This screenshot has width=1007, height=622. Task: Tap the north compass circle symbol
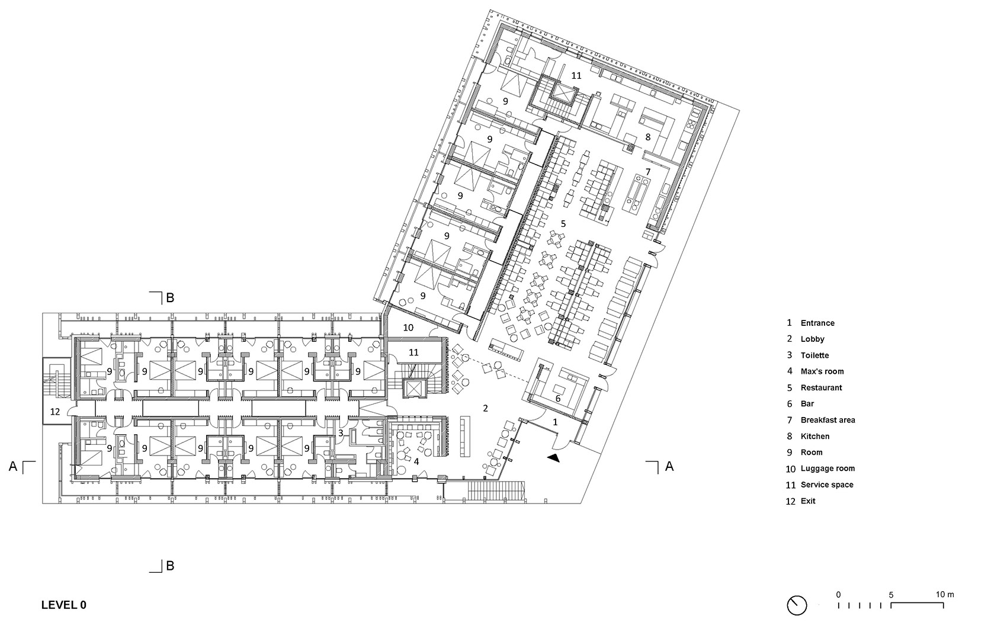[797, 605]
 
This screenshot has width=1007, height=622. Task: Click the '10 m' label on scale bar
[945, 594]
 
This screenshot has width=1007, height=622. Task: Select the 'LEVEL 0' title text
[64, 605]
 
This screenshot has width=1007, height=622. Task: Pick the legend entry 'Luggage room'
[827, 469]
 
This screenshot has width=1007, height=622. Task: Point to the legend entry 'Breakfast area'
[828, 420]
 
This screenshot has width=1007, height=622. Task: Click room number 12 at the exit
[55, 411]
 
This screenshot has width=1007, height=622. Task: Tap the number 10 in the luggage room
[408, 327]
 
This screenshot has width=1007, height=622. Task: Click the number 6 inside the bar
[557, 399]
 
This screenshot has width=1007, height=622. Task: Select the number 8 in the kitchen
[648, 137]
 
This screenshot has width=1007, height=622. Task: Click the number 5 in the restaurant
[563, 223]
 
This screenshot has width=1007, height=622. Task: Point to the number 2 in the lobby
[485, 408]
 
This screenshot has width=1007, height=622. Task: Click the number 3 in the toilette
[341, 433]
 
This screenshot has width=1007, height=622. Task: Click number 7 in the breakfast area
[648, 171]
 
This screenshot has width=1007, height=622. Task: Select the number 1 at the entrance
[555, 422]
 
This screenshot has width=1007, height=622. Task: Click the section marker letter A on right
[669, 467]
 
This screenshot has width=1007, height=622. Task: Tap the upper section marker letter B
[170, 298]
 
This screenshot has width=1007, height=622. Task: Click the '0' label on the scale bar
[838, 594]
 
